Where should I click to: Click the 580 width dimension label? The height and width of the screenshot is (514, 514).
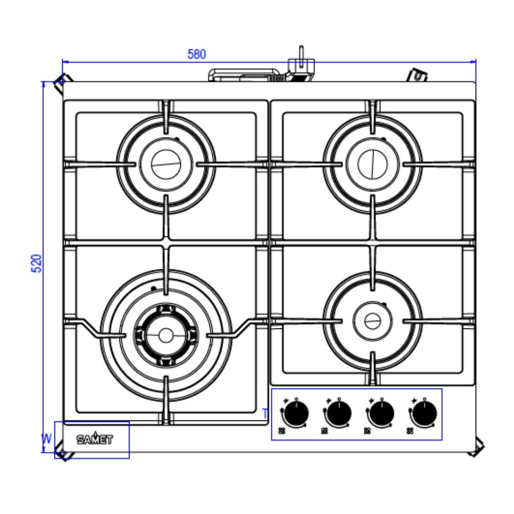coord(197,54)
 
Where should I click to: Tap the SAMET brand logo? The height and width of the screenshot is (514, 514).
coord(95,439)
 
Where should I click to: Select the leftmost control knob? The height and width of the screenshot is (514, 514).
coord(295,413)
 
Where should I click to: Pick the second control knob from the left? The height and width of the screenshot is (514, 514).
coord(337,413)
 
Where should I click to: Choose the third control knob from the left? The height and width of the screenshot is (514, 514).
coord(380,413)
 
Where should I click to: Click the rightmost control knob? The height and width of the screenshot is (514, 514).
coord(424,413)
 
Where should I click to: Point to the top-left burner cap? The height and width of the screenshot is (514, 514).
coord(166,163)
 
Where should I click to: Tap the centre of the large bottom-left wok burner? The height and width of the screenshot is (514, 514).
coord(166,335)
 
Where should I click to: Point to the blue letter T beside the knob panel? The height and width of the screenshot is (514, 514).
coord(265,413)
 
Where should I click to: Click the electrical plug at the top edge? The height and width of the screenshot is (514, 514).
coord(300,66)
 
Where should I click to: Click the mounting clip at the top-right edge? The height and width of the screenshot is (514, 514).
coord(419,76)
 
